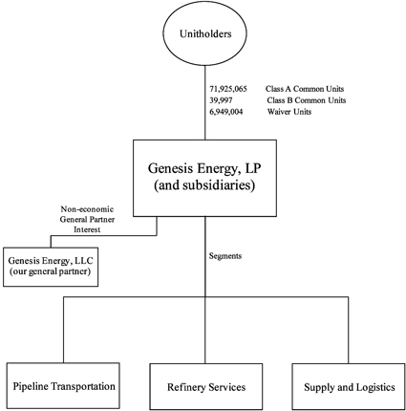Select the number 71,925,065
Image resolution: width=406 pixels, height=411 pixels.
point(228,89)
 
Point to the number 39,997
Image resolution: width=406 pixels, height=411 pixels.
point(221,100)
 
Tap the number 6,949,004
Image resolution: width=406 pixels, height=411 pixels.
point(225,112)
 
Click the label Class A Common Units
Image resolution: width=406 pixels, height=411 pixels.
point(305,89)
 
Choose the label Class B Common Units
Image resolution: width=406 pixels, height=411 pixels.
point(307,100)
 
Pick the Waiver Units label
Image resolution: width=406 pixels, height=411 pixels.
point(289,112)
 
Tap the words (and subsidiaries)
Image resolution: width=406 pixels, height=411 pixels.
point(204,185)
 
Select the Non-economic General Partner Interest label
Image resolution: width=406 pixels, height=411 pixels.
point(87,219)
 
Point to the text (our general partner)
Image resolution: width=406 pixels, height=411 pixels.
point(51,271)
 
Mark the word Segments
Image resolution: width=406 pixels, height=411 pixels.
point(225,256)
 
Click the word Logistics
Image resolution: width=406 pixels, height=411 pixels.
point(375,387)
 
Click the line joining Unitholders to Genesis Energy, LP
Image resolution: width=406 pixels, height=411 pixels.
point(204,102)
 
